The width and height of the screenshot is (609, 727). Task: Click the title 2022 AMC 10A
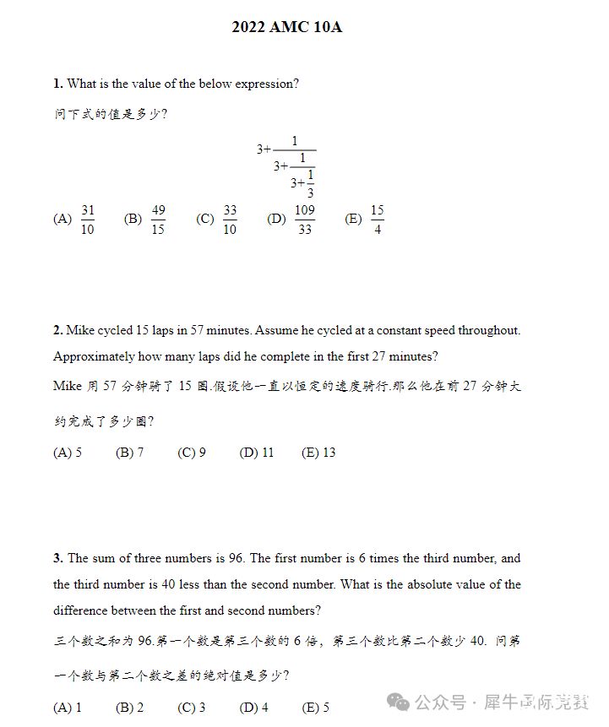point(286,28)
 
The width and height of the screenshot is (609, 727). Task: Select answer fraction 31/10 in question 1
point(88,220)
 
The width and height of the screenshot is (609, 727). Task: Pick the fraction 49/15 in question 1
point(158,220)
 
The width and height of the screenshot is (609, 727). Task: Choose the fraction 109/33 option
point(305,220)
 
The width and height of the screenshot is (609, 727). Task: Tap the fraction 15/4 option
point(377,220)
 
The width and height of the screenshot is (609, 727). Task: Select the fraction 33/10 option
point(230,220)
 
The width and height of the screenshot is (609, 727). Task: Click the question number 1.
point(57,84)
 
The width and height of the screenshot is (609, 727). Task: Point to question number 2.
point(57,330)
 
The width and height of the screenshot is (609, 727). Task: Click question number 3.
point(57,558)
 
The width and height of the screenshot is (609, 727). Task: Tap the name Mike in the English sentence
point(80,330)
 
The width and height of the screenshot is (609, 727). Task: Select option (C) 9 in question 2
point(192,453)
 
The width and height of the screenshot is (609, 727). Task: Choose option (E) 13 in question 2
point(318,453)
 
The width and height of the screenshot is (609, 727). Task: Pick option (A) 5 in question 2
point(68,453)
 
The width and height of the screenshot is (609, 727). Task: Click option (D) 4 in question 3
point(254,708)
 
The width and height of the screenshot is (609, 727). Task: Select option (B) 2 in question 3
point(130,708)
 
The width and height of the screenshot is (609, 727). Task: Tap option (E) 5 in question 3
point(316,708)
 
